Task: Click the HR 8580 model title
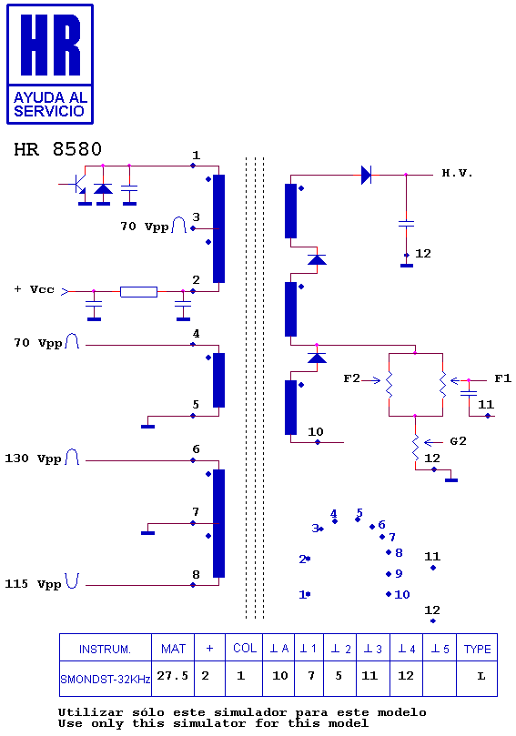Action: point(57,149)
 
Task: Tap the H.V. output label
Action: point(457,173)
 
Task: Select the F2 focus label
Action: point(351,378)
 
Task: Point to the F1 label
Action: point(502,378)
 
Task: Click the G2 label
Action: point(458,440)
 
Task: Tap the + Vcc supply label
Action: point(35,289)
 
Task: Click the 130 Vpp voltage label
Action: point(33,459)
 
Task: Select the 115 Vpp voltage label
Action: point(33,584)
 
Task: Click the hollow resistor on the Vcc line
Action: point(138,292)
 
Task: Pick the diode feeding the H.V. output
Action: point(366,175)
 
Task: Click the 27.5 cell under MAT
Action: point(172,675)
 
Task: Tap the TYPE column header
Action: point(477,650)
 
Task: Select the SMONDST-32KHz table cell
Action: point(106,679)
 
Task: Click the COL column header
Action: point(245,649)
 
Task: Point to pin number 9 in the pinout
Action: point(399,573)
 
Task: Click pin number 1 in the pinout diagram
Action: point(302,595)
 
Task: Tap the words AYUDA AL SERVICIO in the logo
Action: point(50,105)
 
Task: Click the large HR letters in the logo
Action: point(50,45)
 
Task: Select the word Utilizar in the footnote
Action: point(90,713)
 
